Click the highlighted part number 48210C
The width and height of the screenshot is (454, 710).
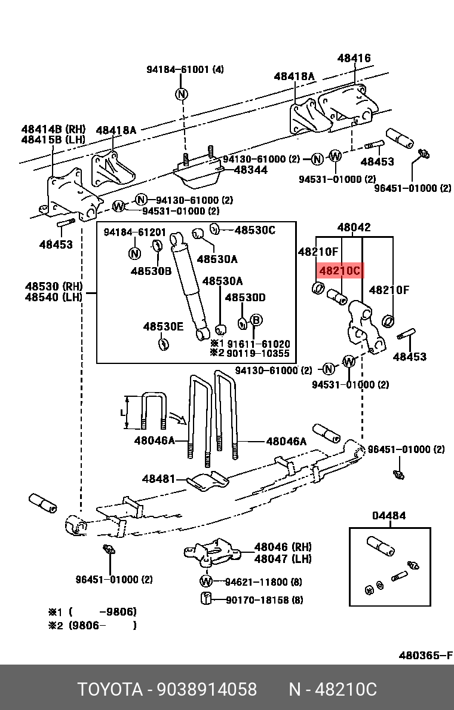tap(339, 271)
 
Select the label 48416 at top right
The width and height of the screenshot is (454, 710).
tap(354, 58)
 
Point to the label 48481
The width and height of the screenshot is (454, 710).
tap(159, 479)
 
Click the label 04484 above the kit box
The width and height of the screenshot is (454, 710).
tap(389, 515)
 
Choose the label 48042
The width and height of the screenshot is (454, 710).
tap(354, 227)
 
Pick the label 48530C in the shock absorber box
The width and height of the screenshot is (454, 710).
tap(254, 229)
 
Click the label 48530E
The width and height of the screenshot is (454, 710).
tap(163, 326)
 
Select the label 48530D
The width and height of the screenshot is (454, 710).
tap(245, 298)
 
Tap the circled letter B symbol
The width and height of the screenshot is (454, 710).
tap(256, 320)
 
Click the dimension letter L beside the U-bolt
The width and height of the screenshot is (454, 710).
tap(123, 412)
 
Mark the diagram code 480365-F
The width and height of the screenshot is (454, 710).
tap(425, 655)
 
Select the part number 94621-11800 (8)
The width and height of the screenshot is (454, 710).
tap(263, 582)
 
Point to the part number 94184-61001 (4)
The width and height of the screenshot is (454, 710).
tap(185, 69)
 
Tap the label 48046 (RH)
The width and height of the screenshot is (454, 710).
tap(283, 547)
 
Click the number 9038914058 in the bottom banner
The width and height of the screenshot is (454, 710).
tap(207, 689)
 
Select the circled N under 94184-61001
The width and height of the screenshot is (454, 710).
tap(182, 94)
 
